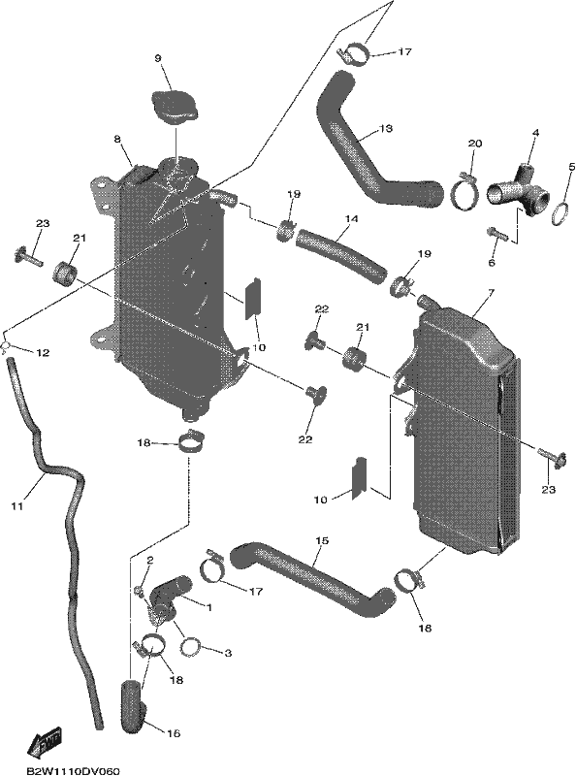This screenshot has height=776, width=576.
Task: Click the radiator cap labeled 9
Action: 175,108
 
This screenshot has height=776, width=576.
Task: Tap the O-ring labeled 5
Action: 560,213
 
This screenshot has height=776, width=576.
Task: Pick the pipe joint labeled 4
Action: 520,189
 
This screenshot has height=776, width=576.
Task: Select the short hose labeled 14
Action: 340,256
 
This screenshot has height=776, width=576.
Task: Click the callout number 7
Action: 491,294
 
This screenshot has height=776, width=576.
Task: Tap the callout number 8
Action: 117,140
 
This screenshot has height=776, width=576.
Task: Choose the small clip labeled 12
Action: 6,346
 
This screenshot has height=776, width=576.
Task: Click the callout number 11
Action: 17,506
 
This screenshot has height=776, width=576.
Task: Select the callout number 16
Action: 174,733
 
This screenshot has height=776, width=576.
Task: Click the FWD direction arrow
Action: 45,742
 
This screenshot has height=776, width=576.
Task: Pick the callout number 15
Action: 322,541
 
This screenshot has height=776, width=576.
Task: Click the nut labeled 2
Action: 138,590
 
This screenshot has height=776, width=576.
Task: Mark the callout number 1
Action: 208,607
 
